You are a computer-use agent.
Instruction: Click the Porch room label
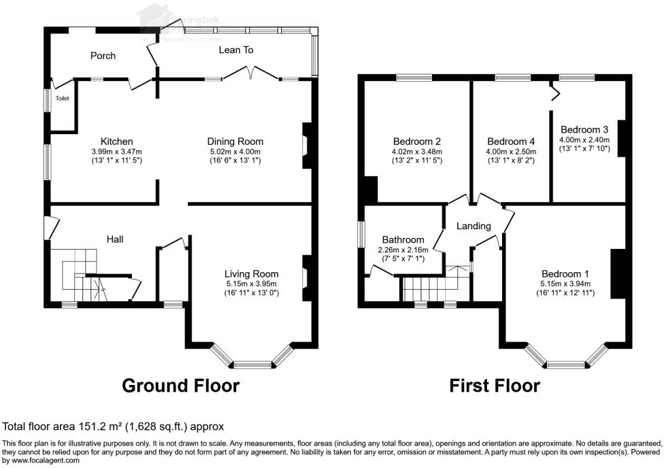(x=103, y=56)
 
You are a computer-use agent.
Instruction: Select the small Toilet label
(x=62, y=99)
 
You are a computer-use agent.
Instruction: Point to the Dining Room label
(x=235, y=141)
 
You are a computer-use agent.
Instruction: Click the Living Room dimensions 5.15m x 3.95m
(x=252, y=284)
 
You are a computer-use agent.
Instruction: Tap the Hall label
(x=114, y=239)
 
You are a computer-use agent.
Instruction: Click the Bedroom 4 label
(x=511, y=142)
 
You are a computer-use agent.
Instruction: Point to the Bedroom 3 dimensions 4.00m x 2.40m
(x=584, y=139)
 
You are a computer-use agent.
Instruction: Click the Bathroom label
(x=403, y=240)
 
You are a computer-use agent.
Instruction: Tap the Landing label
(x=474, y=226)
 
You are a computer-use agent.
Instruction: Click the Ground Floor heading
(x=180, y=386)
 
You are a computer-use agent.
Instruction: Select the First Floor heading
(x=495, y=386)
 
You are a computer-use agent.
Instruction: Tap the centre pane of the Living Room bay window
(x=252, y=365)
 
